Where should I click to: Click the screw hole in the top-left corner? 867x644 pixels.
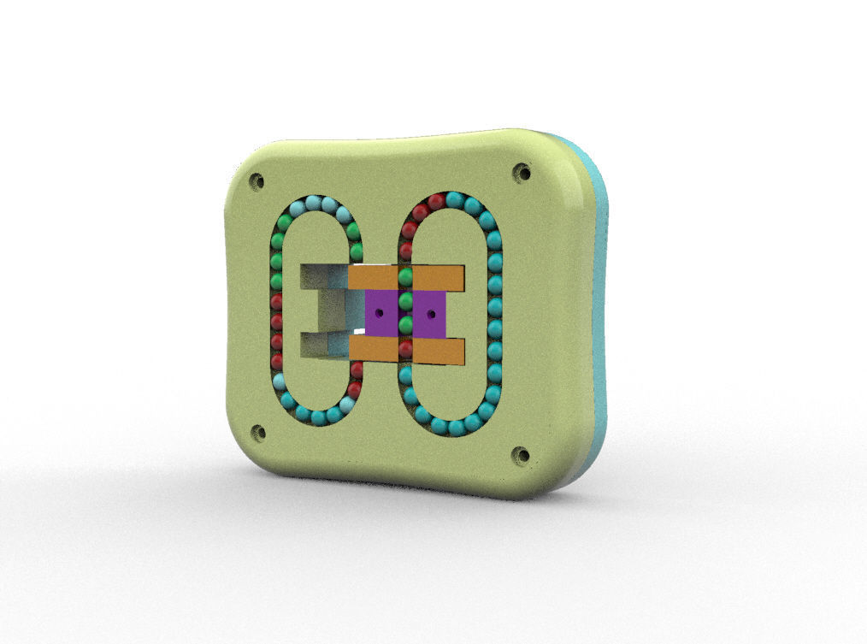256,181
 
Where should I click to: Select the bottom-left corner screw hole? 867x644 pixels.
257,433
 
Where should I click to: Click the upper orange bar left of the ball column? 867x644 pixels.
374,277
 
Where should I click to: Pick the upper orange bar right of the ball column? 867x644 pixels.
438,277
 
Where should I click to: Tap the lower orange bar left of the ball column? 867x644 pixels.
374,348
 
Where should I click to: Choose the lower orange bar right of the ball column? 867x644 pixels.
438,351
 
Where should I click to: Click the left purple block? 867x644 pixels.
380,313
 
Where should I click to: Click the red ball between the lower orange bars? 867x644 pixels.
405,349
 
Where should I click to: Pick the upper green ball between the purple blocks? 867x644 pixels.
405,300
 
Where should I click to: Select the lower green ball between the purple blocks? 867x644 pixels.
405,324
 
